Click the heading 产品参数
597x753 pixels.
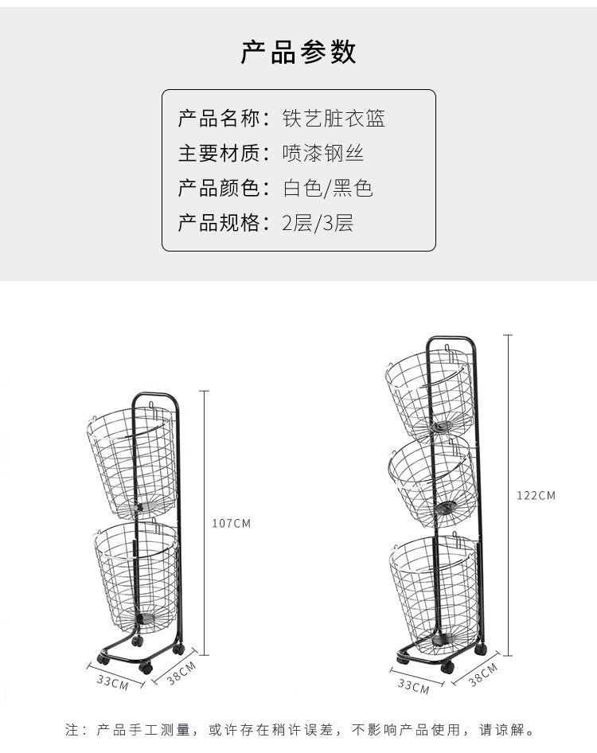pyautogui.click(x=298, y=53)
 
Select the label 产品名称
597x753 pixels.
pyautogui.click(x=218, y=119)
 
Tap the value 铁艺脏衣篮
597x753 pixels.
pyautogui.click(x=334, y=119)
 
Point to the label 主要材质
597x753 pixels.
pyautogui.click(x=218, y=154)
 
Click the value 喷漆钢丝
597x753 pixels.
pyautogui.click(x=324, y=154)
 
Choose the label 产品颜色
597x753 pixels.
pyautogui.click(x=218, y=189)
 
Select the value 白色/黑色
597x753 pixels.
pyautogui.click(x=328, y=189)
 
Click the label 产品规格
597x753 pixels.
pyautogui.click(x=218, y=223)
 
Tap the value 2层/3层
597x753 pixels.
pyautogui.click(x=318, y=223)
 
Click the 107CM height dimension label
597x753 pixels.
pyautogui.click(x=231, y=523)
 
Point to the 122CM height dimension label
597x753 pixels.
pyautogui.click(x=537, y=495)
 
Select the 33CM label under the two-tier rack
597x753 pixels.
pyautogui.click(x=112, y=681)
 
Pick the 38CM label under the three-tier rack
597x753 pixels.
pyautogui.click(x=483, y=673)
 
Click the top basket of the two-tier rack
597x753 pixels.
pyautogui.click(x=131, y=462)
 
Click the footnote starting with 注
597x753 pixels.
pyautogui.click(x=298, y=729)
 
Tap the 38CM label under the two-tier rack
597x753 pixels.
pyautogui.click(x=181, y=673)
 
